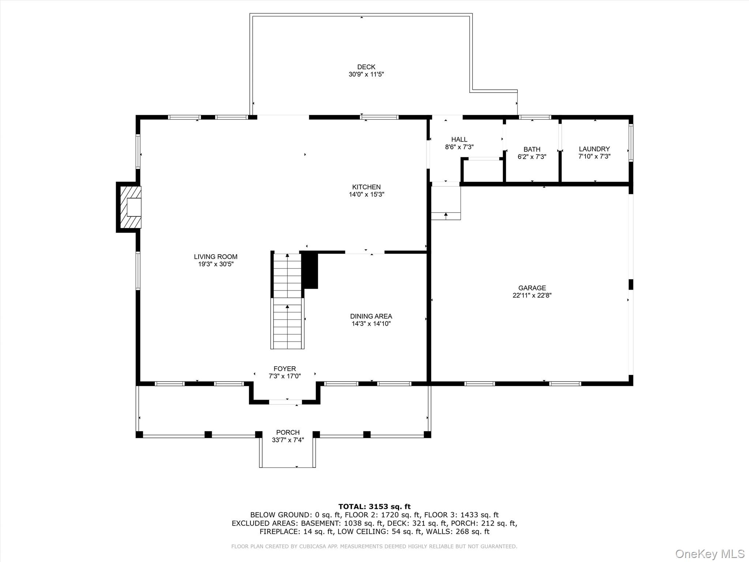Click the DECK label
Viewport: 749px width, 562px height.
(366, 67)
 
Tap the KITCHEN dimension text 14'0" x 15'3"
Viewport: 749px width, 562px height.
(366, 195)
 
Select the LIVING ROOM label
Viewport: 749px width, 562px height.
(215, 257)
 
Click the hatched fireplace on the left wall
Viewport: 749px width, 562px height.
(129, 207)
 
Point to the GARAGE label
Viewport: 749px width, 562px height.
(532, 288)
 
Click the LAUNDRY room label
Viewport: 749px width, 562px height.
(594, 149)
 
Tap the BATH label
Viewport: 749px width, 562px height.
(532, 149)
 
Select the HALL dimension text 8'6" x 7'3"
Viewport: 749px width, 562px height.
(459, 147)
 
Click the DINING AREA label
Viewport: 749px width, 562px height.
(371, 316)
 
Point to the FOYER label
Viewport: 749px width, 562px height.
(285, 369)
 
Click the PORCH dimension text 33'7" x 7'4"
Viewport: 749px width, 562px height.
(288, 440)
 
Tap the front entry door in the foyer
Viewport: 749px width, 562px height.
(285, 402)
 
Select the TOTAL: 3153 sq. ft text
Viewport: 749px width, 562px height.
(374, 507)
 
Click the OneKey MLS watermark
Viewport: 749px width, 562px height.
(710, 554)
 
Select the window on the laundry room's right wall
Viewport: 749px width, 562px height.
(631, 143)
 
